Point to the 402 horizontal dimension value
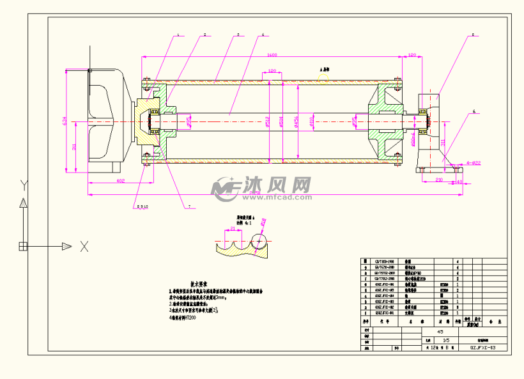pyautogui.click(x=119, y=182)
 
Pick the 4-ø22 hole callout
pyautogui.click(x=474, y=163)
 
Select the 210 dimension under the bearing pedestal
pyautogui.click(x=439, y=181)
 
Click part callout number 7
pyautogui.click(x=189, y=206)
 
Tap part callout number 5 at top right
pyautogui.click(x=474, y=35)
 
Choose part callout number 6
pyautogui.click(x=474, y=112)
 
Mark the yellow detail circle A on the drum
pyautogui.click(x=324, y=79)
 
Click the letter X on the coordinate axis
pyautogui.click(x=84, y=247)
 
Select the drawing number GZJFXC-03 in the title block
pyautogui.click(x=482, y=348)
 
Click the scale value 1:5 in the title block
pyautogui.click(x=437, y=341)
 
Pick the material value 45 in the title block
pyautogui.click(x=439, y=332)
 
